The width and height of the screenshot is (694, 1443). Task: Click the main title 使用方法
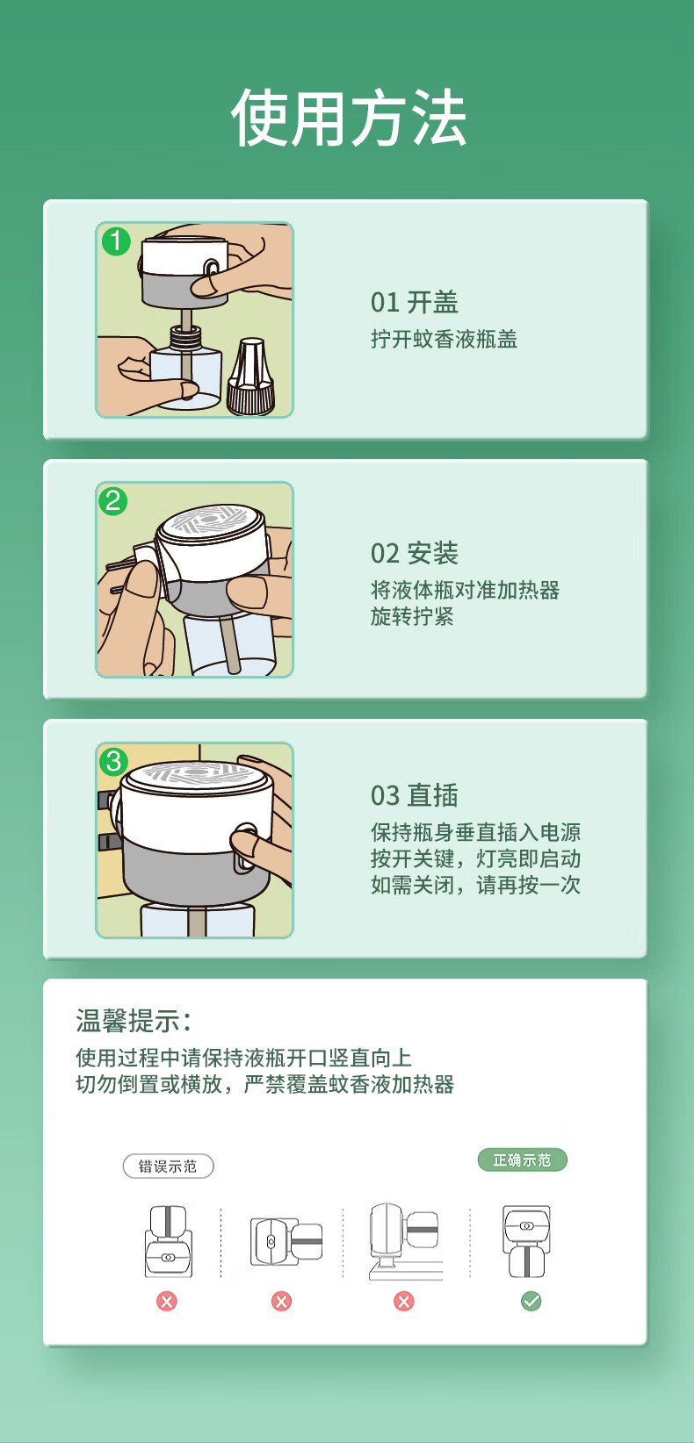348,118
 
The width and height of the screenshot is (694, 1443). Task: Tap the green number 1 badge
116,241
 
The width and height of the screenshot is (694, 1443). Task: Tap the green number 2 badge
112,501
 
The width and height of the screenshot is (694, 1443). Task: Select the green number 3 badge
113,762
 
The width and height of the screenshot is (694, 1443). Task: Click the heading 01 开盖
414,302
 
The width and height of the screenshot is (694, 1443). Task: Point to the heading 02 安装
414,553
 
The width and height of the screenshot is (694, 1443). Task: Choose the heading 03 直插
414,795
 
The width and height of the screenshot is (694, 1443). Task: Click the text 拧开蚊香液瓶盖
444,339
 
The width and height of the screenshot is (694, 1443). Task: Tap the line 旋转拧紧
412,616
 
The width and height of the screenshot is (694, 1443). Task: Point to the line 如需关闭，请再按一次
475,885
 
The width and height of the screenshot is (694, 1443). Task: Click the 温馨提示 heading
134,1021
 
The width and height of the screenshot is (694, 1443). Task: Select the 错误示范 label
168,1166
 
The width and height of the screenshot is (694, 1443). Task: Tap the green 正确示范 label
523,1160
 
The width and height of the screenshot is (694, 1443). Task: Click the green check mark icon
531,1302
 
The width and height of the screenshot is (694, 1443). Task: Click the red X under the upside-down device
166,1302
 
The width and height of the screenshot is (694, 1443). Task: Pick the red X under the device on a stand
404,1302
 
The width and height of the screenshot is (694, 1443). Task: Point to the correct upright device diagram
527,1241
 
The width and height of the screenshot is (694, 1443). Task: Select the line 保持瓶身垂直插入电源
475,832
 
